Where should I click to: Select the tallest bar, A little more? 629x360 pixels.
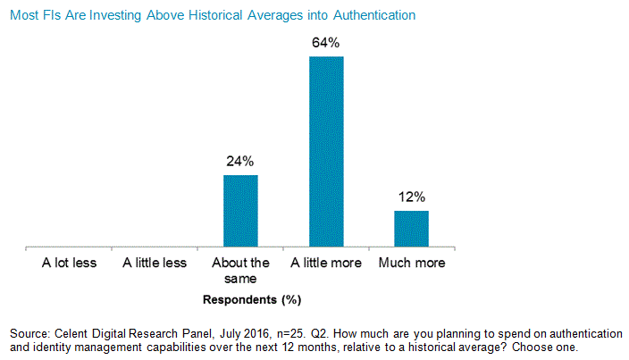[326, 151]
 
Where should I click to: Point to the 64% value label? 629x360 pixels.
[326, 42]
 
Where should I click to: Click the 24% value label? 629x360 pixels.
[240, 162]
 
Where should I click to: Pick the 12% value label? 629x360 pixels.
[412, 197]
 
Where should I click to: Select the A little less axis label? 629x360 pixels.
[155, 263]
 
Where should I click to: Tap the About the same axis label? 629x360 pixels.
[240, 270]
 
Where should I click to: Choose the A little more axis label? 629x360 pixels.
[326, 263]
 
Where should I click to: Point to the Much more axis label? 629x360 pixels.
[412, 263]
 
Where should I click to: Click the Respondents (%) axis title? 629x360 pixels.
[240, 299]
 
